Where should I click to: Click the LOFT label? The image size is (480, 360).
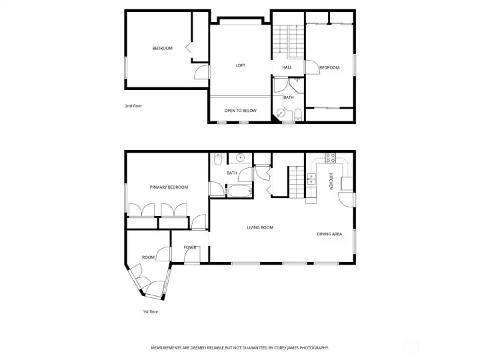click(240, 65)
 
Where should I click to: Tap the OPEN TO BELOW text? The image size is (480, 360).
click(240, 111)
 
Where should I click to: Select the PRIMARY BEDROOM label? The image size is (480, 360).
click(169, 187)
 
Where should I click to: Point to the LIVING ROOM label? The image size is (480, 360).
click(260, 227)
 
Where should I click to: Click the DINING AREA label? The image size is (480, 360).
click(329, 234)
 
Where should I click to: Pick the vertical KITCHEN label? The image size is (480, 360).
click(331, 181)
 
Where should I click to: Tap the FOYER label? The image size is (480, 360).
click(190, 247)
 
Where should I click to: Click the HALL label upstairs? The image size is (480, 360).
click(287, 67)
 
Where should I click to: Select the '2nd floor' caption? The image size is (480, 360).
click(133, 106)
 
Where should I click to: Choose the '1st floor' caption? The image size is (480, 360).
click(151, 311)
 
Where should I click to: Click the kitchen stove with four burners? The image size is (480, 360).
click(330, 158)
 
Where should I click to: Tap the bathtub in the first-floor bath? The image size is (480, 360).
click(239, 191)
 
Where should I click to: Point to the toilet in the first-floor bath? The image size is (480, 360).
click(217, 159)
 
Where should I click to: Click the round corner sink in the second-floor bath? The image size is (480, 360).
click(280, 113)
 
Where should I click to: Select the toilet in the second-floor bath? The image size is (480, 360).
click(298, 115)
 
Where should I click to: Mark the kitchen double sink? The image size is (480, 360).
click(311, 179)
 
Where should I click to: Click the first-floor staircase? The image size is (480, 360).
click(296, 182)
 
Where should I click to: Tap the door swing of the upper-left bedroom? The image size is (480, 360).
click(201, 72)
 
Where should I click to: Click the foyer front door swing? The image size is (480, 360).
click(191, 255)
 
